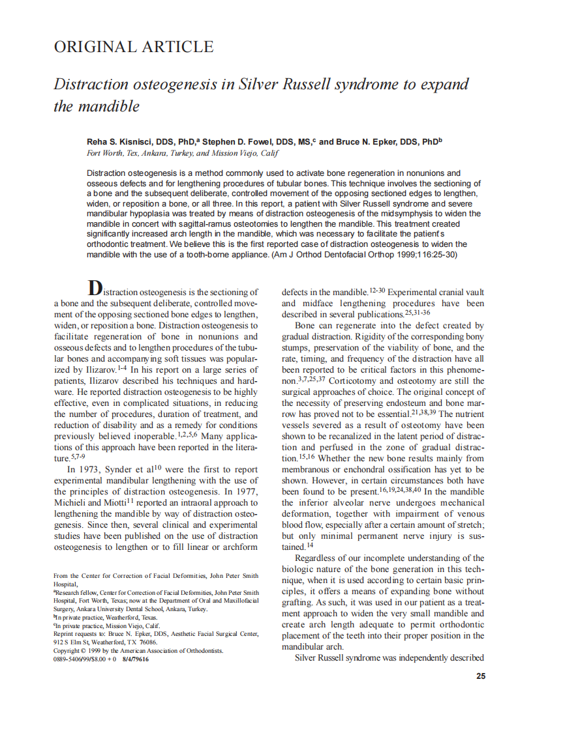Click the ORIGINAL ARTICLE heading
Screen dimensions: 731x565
pyautogui.click(x=133, y=47)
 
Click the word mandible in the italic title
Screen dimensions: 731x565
pyautogui.click(x=115, y=106)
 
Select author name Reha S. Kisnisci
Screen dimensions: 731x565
pyautogui.click(x=123, y=141)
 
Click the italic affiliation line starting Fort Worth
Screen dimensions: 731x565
pyautogui.click(x=183, y=153)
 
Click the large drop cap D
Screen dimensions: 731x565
pyautogui.click(x=95, y=289)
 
